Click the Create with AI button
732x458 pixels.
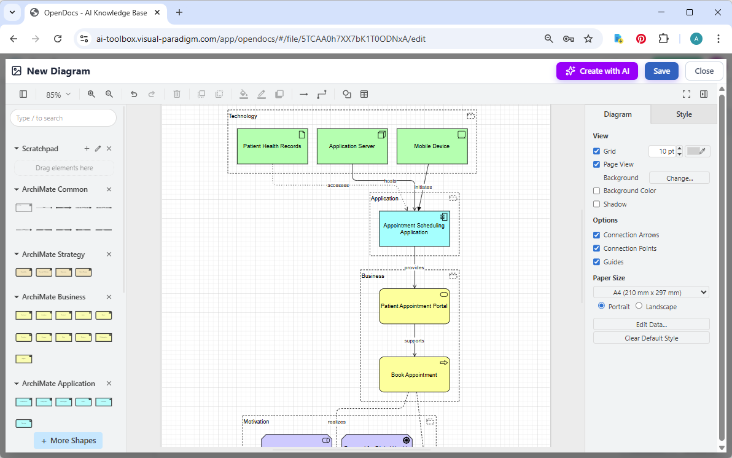(x=597, y=71)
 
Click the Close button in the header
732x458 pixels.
(x=704, y=71)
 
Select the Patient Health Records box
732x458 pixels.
(x=272, y=146)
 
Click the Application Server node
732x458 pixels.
(x=352, y=146)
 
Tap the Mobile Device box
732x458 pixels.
(x=432, y=146)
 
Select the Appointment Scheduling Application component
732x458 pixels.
(x=414, y=229)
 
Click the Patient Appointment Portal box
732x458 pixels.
(x=414, y=306)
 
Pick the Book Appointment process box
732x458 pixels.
(x=414, y=375)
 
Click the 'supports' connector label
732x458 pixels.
(x=414, y=341)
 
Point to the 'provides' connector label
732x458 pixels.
(x=414, y=267)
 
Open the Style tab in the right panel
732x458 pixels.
(x=683, y=114)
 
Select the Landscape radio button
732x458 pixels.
(x=639, y=306)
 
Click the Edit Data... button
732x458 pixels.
(x=651, y=324)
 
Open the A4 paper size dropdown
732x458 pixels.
(x=651, y=293)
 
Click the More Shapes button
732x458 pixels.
(x=68, y=440)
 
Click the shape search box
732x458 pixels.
(x=63, y=118)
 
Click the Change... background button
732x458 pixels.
(x=679, y=178)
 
